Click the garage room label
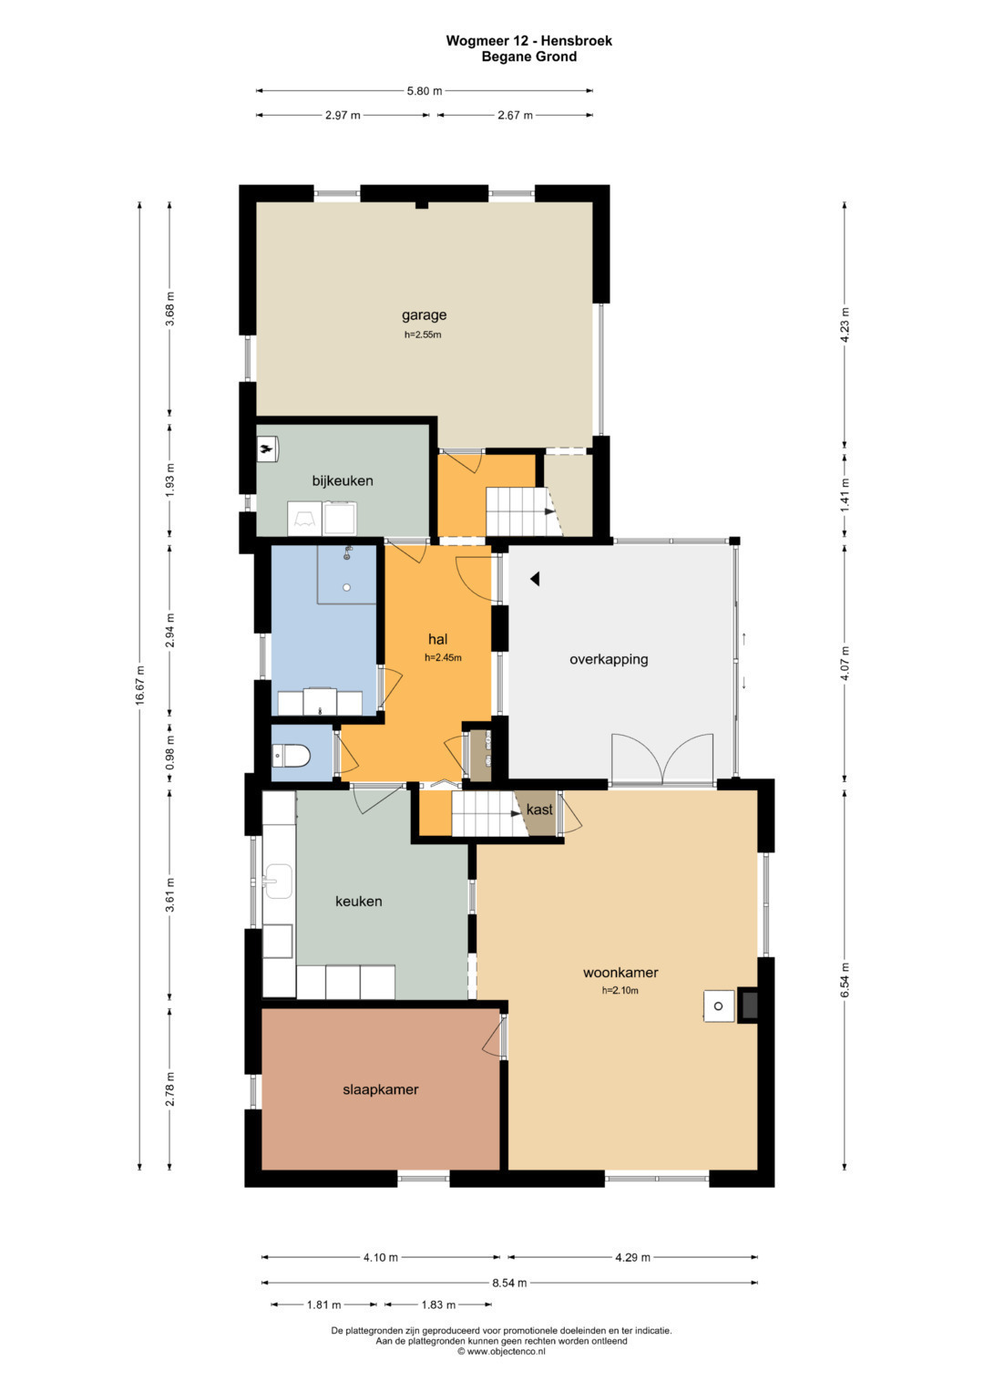coord(424,315)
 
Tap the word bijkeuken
coord(343,480)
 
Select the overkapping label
coord(609,659)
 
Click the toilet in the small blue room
coord(291,757)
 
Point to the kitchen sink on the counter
coord(278,882)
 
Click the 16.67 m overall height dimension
coord(139,685)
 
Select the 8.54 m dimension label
coord(509,1283)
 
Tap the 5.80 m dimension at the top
coord(425,91)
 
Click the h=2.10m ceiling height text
coord(620,991)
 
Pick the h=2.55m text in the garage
coord(423,335)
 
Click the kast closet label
coord(539,809)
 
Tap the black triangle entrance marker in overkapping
coord(535,579)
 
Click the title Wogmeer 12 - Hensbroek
coord(528,41)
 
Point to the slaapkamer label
coord(380,1089)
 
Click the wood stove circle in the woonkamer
coord(718,1006)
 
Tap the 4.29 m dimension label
coord(632,1258)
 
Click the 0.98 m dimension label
coord(169,752)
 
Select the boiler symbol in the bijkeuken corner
coord(267,449)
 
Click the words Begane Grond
coord(529,57)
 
